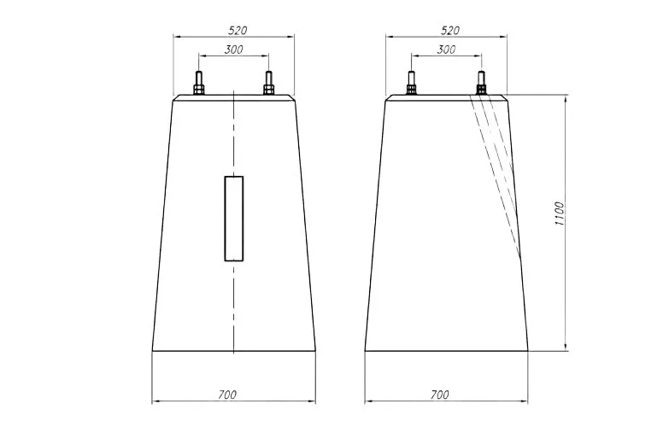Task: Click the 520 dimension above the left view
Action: (x=238, y=31)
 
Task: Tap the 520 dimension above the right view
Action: (x=450, y=31)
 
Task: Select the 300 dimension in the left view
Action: (x=233, y=50)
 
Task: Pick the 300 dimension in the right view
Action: (x=446, y=50)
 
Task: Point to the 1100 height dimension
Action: (x=560, y=213)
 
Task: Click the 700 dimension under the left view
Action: (x=227, y=395)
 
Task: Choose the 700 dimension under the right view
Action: (x=439, y=395)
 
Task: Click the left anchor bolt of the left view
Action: (x=198, y=83)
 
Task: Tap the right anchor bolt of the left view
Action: (x=268, y=83)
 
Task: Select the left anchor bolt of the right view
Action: (x=411, y=83)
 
